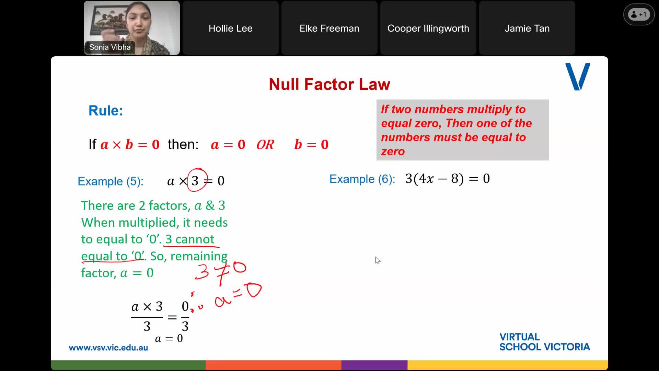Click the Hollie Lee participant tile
pyautogui.click(x=230, y=28)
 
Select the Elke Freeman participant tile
pyautogui.click(x=329, y=28)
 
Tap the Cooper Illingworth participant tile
pyautogui.click(x=428, y=28)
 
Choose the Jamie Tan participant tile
pyautogui.click(x=527, y=28)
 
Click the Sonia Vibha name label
pyautogui.click(x=110, y=47)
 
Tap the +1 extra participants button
pyautogui.click(x=639, y=14)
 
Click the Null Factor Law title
pyautogui.click(x=329, y=84)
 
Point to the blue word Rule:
pyautogui.click(x=106, y=111)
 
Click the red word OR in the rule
pyautogui.click(x=265, y=145)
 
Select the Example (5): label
pyautogui.click(x=111, y=181)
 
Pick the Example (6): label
pyautogui.click(x=362, y=179)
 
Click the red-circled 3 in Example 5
pyautogui.click(x=195, y=180)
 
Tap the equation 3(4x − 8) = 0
pyautogui.click(x=448, y=179)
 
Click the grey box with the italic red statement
pyautogui.click(x=462, y=130)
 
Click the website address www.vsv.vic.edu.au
pyautogui.click(x=108, y=348)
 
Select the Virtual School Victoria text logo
pyautogui.click(x=544, y=342)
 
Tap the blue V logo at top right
pyautogui.click(x=578, y=77)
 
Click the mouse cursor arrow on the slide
pyautogui.click(x=378, y=260)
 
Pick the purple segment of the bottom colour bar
pyautogui.click(x=374, y=365)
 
